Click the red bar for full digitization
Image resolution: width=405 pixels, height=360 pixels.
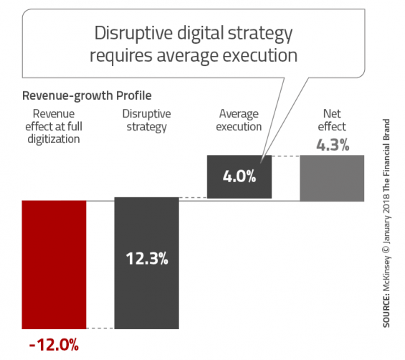click(54, 265)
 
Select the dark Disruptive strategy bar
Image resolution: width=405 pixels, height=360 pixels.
click(147, 263)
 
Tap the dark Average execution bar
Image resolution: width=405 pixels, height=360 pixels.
click(239, 176)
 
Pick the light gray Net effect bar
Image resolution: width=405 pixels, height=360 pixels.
click(332, 178)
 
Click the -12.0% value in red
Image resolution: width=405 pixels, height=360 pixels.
click(54, 345)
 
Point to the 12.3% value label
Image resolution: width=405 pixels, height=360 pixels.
click(147, 258)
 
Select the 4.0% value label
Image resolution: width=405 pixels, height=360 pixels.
click(239, 176)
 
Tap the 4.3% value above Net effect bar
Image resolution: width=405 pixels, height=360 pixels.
click(333, 145)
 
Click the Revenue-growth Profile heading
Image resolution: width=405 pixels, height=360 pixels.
click(87, 95)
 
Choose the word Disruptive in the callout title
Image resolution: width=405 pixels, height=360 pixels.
click(133, 33)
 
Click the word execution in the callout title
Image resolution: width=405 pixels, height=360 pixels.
click(259, 55)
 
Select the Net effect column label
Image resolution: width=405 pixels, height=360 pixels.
click(332, 120)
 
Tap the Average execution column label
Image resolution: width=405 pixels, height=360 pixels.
click(239, 120)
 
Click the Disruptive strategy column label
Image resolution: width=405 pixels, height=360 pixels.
click(146, 120)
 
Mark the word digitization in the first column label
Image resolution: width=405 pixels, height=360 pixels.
click(54, 139)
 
